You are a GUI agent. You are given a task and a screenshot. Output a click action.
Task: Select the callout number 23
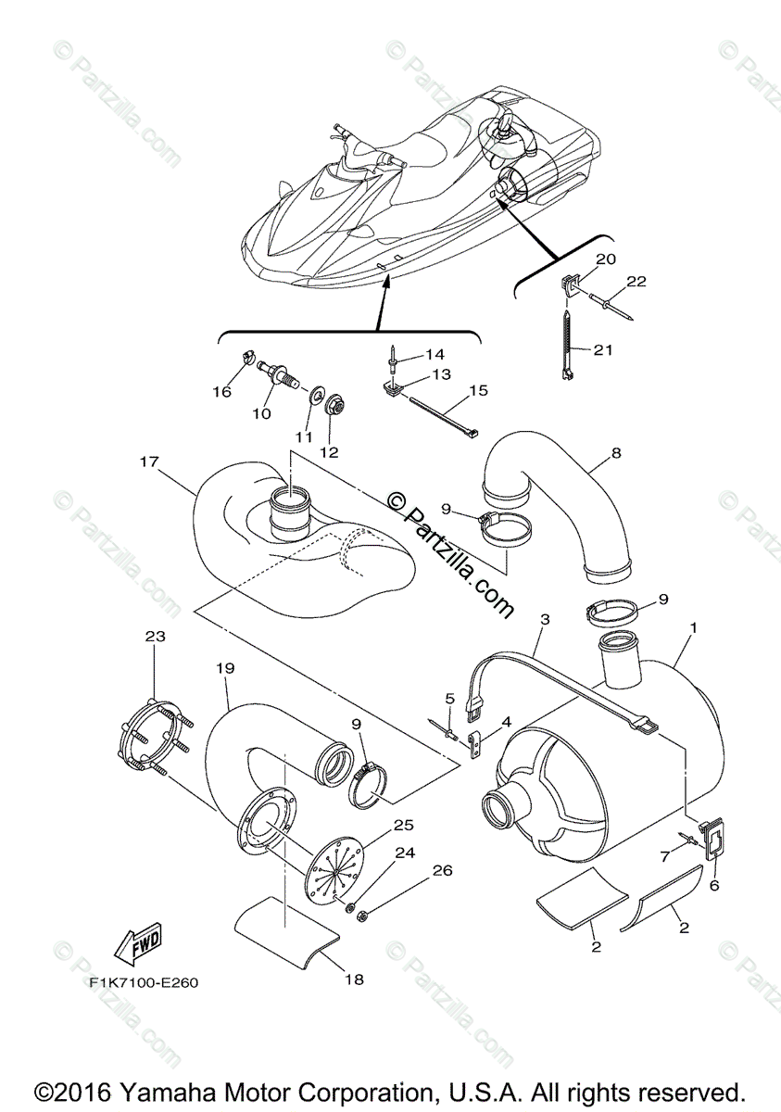point(153,637)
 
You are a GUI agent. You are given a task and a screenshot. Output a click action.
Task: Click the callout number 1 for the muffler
point(693,627)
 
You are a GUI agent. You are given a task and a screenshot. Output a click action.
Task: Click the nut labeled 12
point(331,432)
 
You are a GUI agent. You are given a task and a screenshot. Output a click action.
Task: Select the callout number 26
point(443,870)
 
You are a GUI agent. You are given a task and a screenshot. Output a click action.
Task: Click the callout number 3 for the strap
point(544,618)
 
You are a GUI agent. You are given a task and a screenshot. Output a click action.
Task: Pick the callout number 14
point(435,354)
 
